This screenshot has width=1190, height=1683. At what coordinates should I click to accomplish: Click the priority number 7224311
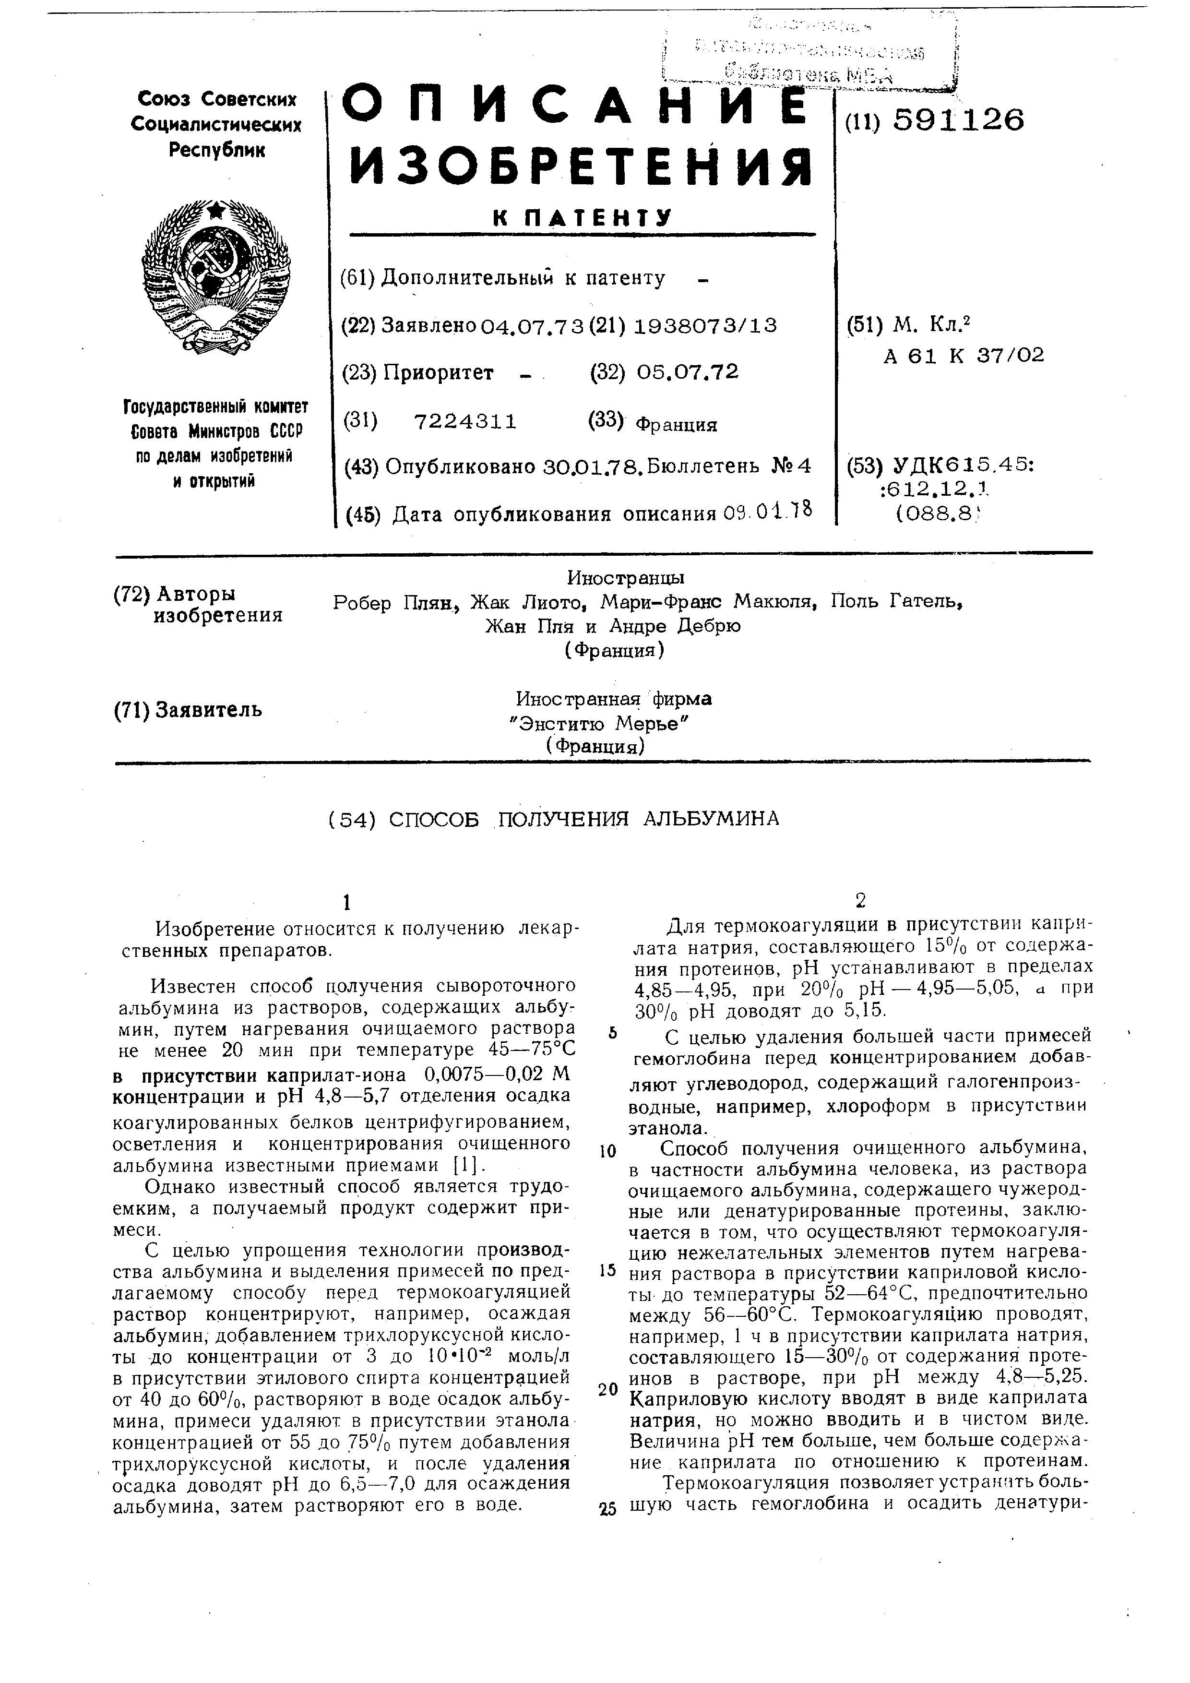point(465,421)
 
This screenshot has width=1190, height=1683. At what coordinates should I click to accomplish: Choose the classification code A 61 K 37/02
point(964,356)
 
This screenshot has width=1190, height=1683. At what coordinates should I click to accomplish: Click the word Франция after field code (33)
point(676,424)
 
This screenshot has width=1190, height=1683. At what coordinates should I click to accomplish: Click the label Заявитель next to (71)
point(207,710)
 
